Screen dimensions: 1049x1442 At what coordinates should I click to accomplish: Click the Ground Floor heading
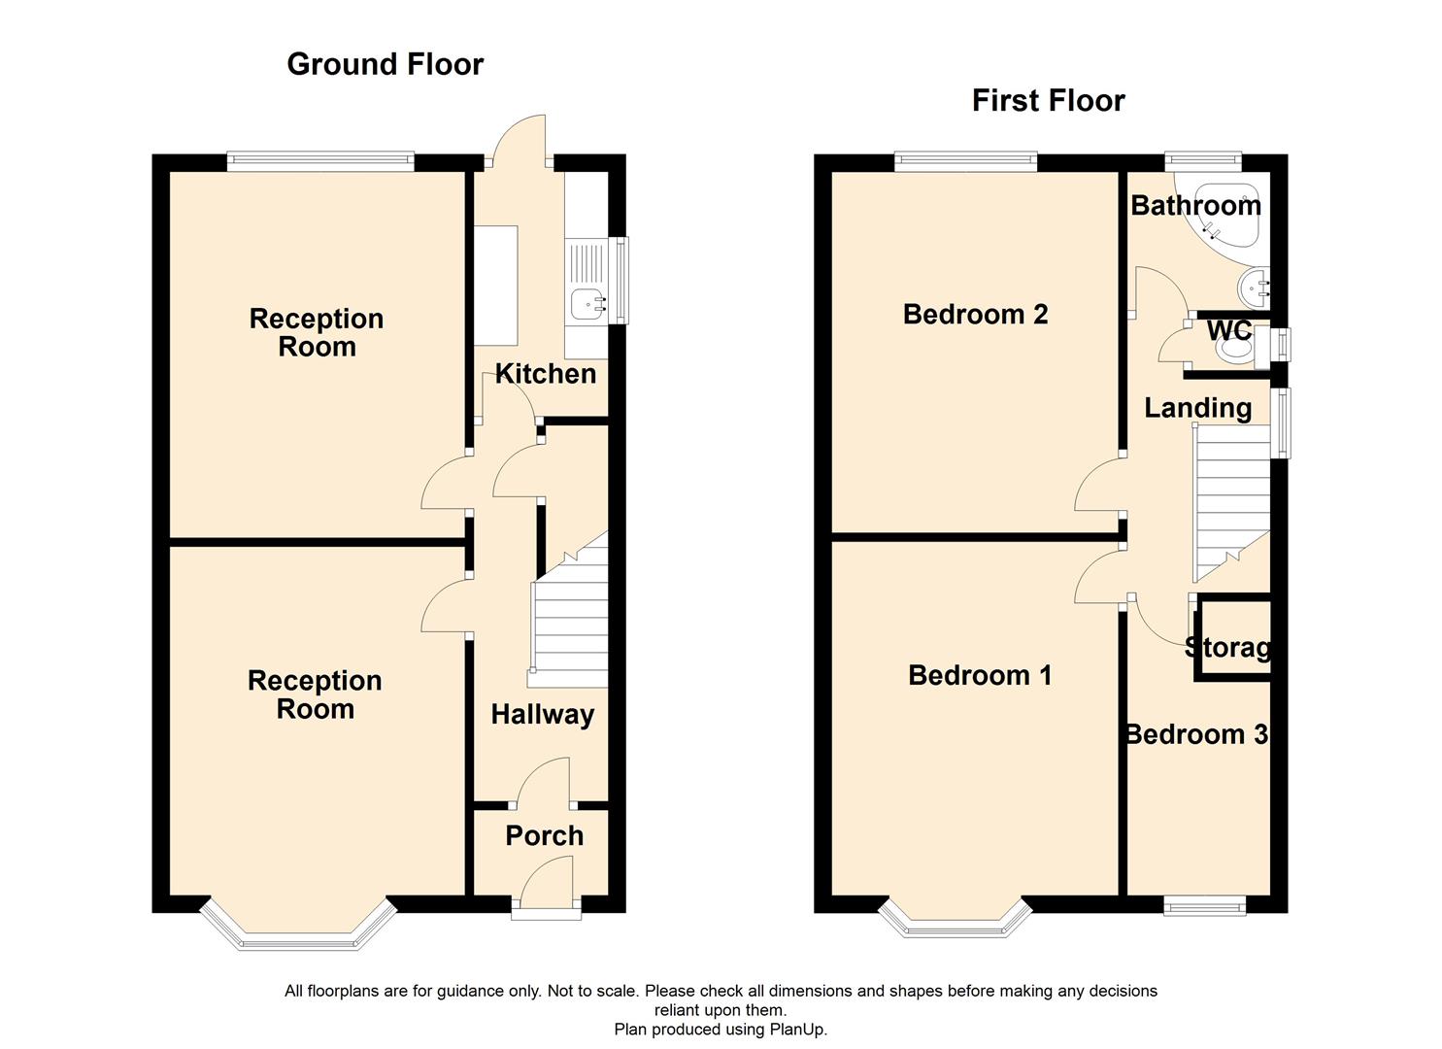(385, 64)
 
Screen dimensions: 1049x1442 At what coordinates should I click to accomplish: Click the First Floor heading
(1048, 101)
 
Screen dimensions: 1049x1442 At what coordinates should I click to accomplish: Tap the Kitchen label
(545, 374)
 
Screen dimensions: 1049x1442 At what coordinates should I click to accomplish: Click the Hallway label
(542, 715)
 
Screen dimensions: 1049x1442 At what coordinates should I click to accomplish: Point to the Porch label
(544, 835)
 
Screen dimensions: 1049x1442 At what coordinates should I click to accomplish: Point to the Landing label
(1197, 408)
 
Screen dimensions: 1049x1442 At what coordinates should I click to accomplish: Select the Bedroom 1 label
(979, 676)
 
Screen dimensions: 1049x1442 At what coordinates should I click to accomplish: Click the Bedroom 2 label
(975, 315)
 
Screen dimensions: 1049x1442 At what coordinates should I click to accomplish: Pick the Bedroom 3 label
(1196, 734)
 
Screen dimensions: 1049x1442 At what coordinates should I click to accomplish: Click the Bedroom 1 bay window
(955, 923)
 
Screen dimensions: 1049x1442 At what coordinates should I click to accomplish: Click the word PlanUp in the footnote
(796, 1029)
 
